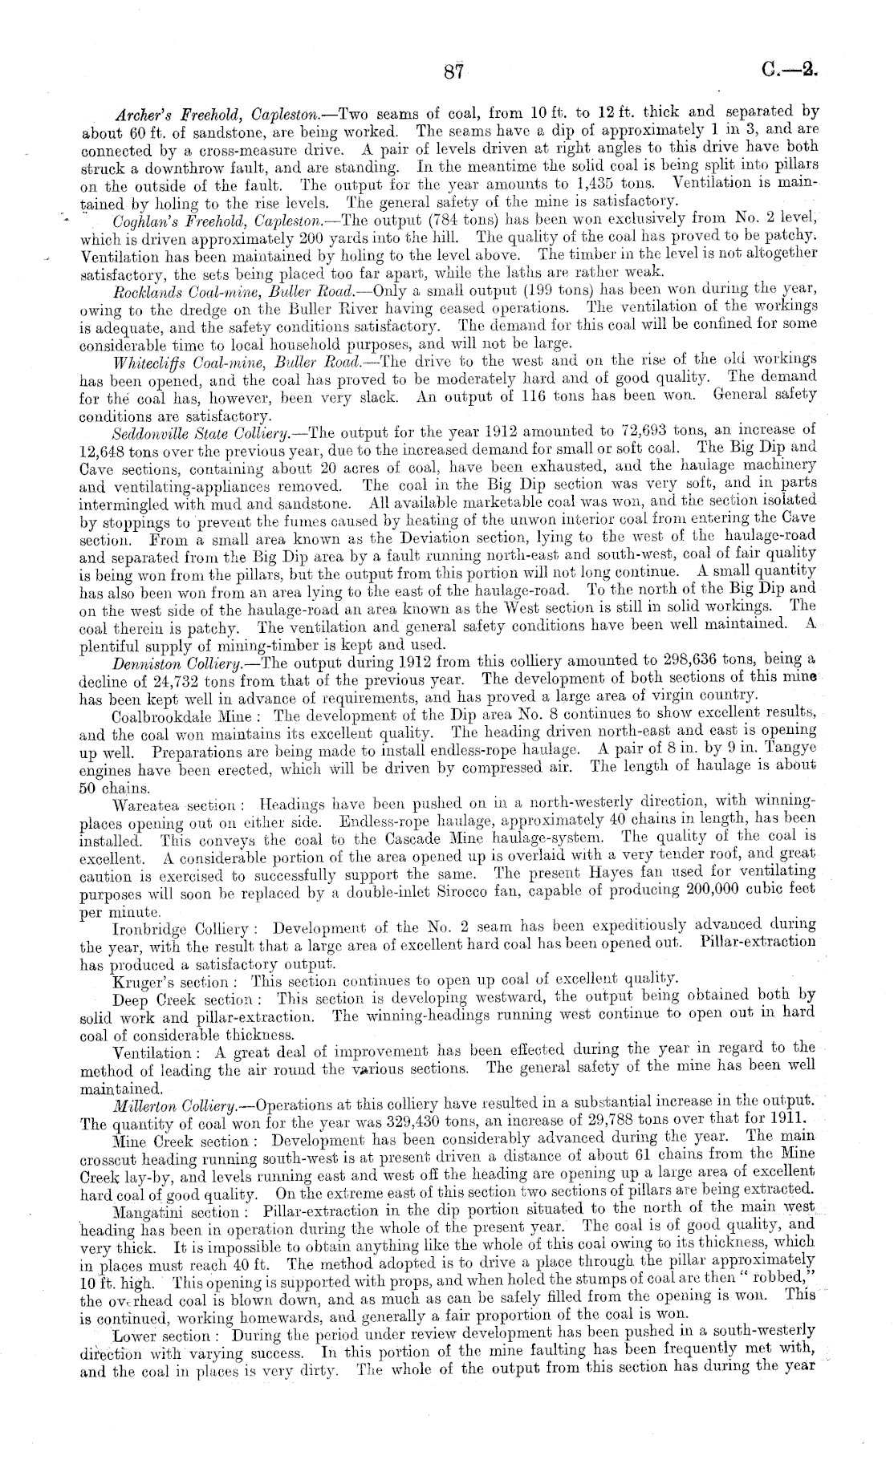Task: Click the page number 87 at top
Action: [x=453, y=72]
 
